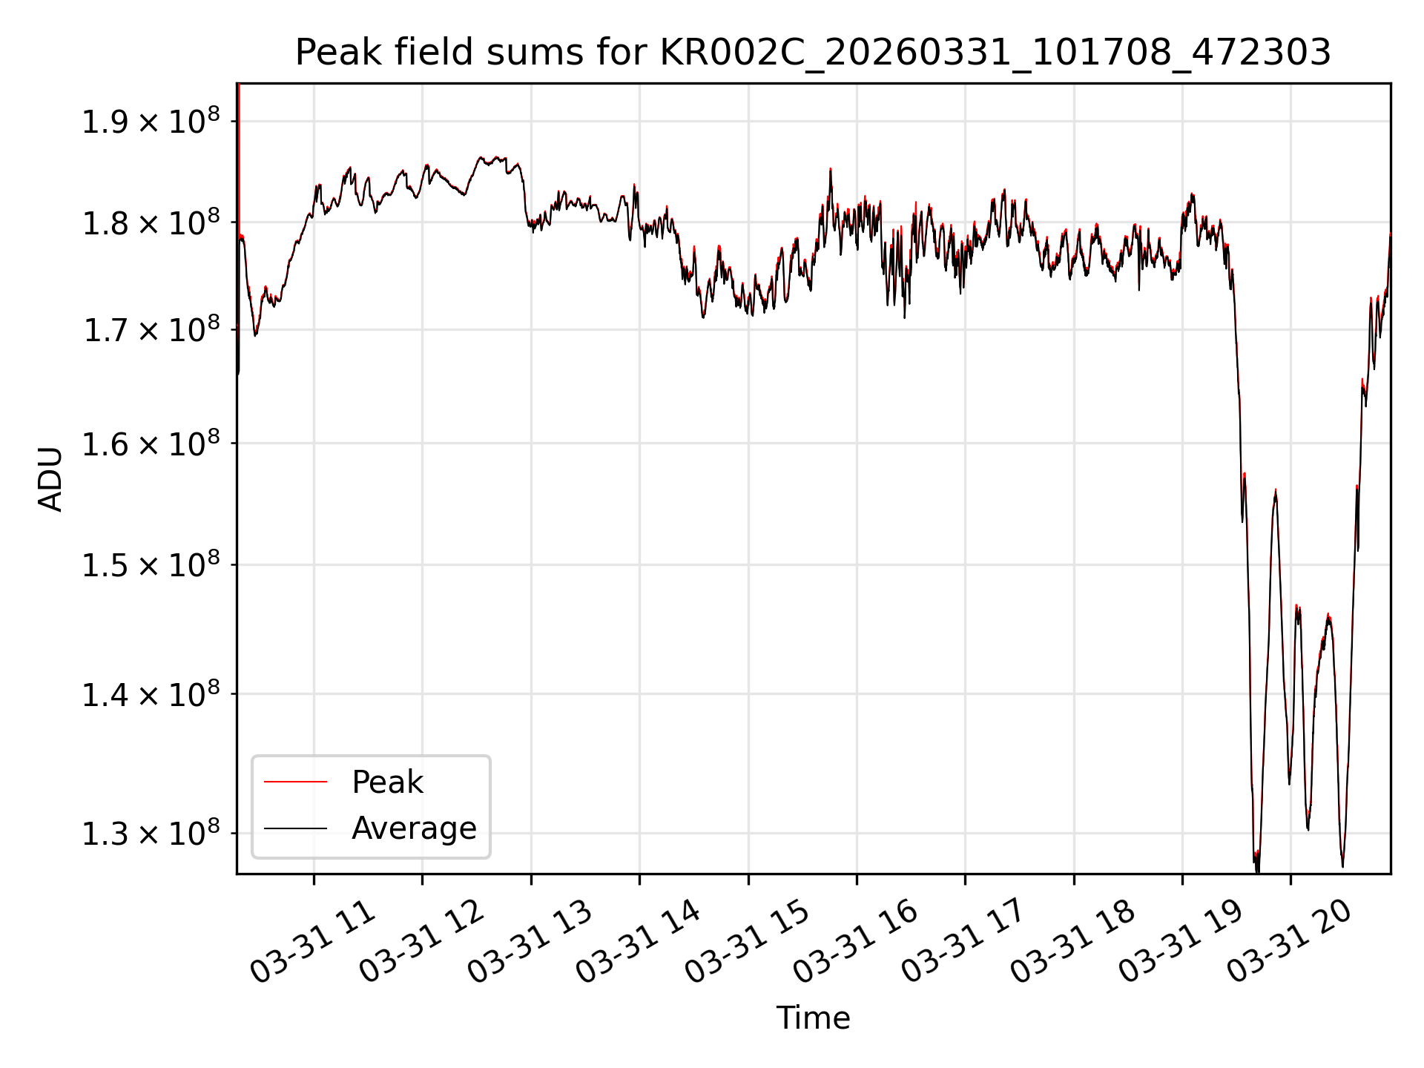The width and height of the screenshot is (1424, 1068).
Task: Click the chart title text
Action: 813,53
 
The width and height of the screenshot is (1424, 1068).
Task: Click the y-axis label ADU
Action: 50,478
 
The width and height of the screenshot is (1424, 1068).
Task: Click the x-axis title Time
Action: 813,1018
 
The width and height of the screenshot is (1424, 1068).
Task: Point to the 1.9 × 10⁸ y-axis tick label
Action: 151,120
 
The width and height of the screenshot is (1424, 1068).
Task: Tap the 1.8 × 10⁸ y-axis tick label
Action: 151,222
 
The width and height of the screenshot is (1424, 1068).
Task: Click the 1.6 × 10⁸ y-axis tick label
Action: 151,444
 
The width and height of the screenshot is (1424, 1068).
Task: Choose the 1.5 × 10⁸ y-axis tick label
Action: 151,564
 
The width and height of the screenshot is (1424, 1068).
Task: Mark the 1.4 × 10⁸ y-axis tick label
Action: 151,694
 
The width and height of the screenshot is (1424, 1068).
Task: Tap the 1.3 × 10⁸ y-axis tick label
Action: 151,833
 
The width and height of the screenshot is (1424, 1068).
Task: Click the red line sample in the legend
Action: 295,782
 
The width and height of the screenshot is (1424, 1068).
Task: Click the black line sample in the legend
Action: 295,828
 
